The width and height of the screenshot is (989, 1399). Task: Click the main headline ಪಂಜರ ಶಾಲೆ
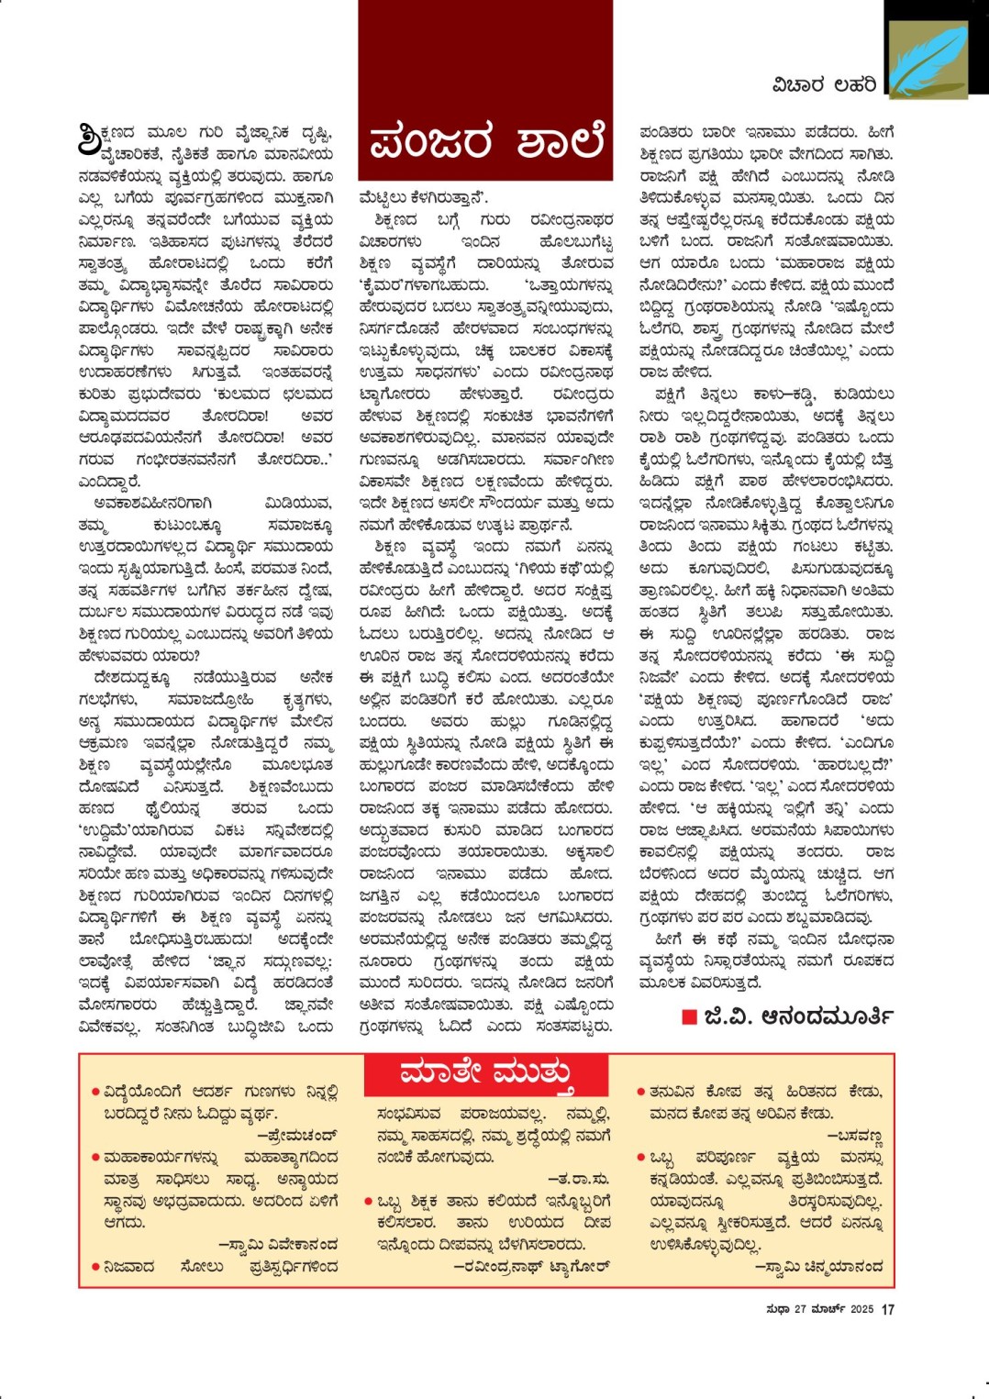485,142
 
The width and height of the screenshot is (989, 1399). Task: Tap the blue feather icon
928,59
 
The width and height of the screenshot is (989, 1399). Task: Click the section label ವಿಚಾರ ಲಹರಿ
824,85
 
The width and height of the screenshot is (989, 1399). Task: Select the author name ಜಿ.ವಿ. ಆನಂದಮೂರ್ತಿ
798,1016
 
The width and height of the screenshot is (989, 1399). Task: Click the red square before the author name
690,1016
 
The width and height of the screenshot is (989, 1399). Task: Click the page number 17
888,1309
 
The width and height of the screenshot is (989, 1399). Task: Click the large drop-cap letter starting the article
91,139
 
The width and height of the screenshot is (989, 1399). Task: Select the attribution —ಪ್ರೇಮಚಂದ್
296,1136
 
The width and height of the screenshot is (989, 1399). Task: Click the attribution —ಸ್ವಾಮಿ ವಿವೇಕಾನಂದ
278,1245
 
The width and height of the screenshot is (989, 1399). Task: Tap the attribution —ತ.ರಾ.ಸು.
578,1179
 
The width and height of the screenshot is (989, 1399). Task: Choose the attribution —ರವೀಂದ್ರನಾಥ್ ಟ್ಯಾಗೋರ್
531,1267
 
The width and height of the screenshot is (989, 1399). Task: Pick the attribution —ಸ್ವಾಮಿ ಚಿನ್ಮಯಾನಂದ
818,1267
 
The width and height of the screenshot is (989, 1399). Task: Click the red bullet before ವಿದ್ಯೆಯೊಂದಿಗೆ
95,1092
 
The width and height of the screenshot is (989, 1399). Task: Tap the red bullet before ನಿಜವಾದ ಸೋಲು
95,1267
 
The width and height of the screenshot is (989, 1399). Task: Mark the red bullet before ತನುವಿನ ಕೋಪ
641,1092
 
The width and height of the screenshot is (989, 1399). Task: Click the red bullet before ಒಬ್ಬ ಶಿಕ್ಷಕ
369,1201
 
